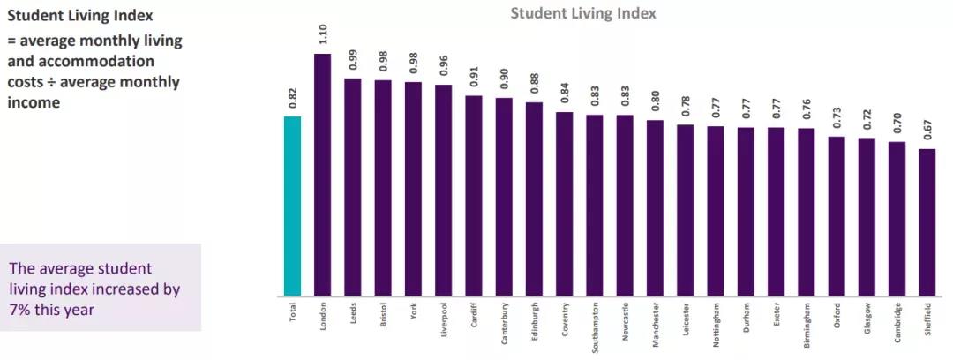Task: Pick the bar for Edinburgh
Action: (x=534, y=199)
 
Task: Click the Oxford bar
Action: (x=836, y=216)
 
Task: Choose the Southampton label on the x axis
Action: (x=595, y=326)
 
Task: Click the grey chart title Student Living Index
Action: (x=583, y=14)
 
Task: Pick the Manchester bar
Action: (x=655, y=208)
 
